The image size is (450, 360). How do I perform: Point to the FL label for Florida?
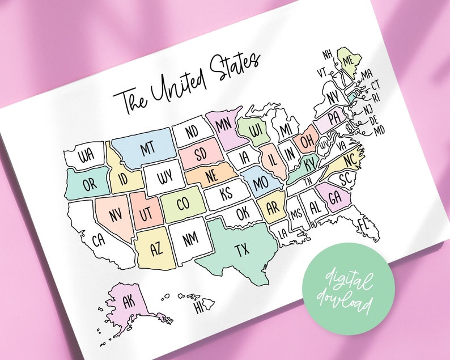click(x=363, y=225)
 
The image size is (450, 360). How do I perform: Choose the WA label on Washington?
click(x=86, y=155)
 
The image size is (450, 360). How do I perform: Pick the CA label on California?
click(x=98, y=239)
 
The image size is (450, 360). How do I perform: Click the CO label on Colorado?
click(x=182, y=204)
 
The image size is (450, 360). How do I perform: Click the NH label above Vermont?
click(x=327, y=54)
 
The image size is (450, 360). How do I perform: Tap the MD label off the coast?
click(x=379, y=131)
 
